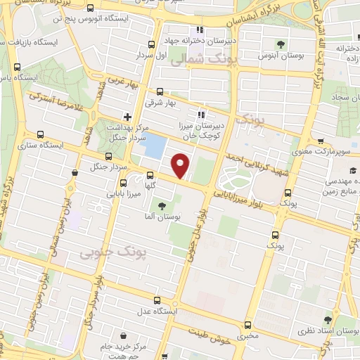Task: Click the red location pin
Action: pos(181,167)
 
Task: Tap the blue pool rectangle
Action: pos(155,146)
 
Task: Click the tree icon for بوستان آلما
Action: pos(162,206)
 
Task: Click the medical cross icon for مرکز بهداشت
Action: pos(127,116)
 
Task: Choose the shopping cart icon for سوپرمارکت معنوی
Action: pos(321,140)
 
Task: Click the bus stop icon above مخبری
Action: pos(247,325)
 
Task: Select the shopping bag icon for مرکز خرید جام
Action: pos(123,337)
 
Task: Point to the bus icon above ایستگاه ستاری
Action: pos(40,134)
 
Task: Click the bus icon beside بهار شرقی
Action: pos(160,91)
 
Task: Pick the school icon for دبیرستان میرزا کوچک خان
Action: pos(201,114)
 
